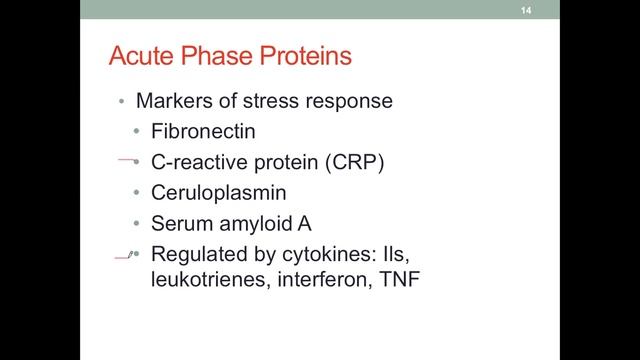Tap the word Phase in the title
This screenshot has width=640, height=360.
[x=218, y=55]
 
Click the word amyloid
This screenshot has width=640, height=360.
[x=254, y=221]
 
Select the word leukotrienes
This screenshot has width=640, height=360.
[x=197, y=281]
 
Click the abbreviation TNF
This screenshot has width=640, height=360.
[x=398, y=281]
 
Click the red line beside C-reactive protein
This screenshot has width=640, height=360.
[x=126, y=159]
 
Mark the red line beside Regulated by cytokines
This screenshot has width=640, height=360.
[x=123, y=257]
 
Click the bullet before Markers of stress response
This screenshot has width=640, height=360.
[x=120, y=102]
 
